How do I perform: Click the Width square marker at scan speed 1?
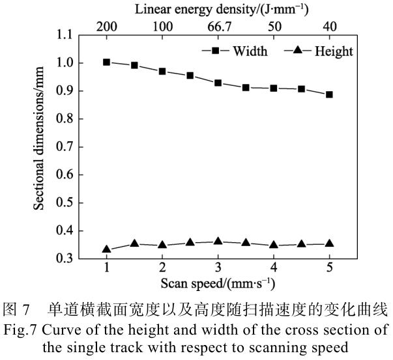(x=107, y=62)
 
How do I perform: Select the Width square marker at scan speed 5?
(x=329, y=94)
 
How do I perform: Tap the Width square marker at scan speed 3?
(x=218, y=83)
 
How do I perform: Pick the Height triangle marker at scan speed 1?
(x=107, y=249)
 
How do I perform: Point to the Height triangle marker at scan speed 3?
(x=218, y=241)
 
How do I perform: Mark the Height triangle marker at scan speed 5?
(x=329, y=243)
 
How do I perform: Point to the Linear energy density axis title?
(x=221, y=9)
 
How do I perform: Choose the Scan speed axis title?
(x=218, y=284)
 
